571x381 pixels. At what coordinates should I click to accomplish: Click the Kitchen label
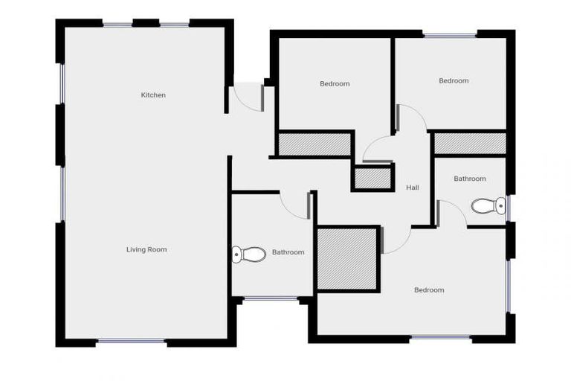pos(153,95)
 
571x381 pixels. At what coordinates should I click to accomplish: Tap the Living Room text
pos(146,250)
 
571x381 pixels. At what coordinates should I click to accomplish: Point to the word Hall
pos(412,188)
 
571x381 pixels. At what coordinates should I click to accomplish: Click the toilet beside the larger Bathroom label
pos(250,254)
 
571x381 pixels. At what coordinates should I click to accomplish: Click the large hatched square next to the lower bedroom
pos(347,259)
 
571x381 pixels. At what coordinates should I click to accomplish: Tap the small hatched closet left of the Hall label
pos(372,179)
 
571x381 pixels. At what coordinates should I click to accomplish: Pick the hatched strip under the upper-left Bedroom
pos(314,144)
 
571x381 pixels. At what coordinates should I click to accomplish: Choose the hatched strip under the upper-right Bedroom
pos(470,144)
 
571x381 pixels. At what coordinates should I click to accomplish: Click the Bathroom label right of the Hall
pos(470,179)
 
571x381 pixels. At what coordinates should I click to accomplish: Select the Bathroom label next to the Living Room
pos(288,252)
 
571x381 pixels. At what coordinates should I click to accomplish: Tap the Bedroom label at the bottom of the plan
pos(429,290)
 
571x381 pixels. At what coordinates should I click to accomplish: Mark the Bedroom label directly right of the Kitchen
pos(335,84)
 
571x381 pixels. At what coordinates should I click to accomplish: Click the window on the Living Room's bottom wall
pos(132,342)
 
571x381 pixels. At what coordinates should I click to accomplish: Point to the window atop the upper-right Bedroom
pos(450,34)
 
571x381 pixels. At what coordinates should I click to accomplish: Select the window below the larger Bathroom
pos(271,299)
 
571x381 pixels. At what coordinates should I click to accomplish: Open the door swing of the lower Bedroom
pos(397,240)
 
